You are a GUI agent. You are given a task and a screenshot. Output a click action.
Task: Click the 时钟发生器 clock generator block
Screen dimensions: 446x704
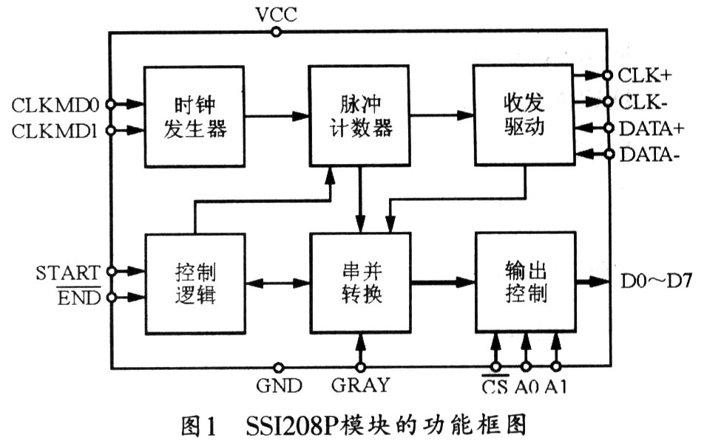point(194,117)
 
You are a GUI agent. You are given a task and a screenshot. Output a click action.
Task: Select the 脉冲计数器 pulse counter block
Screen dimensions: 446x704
point(359,115)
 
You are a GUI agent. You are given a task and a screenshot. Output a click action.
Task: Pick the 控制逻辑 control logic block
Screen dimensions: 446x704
point(194,283)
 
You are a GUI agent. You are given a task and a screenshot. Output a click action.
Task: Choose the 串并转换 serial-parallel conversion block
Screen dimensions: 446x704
point(359,283)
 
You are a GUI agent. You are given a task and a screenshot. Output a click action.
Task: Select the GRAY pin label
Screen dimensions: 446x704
point(360,385)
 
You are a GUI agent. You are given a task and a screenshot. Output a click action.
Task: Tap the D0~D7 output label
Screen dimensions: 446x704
point(654,282)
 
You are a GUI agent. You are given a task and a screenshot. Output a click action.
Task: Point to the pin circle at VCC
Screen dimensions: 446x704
point(276,32)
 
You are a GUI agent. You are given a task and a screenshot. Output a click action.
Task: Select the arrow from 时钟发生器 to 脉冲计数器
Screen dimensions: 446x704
point(277,116)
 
